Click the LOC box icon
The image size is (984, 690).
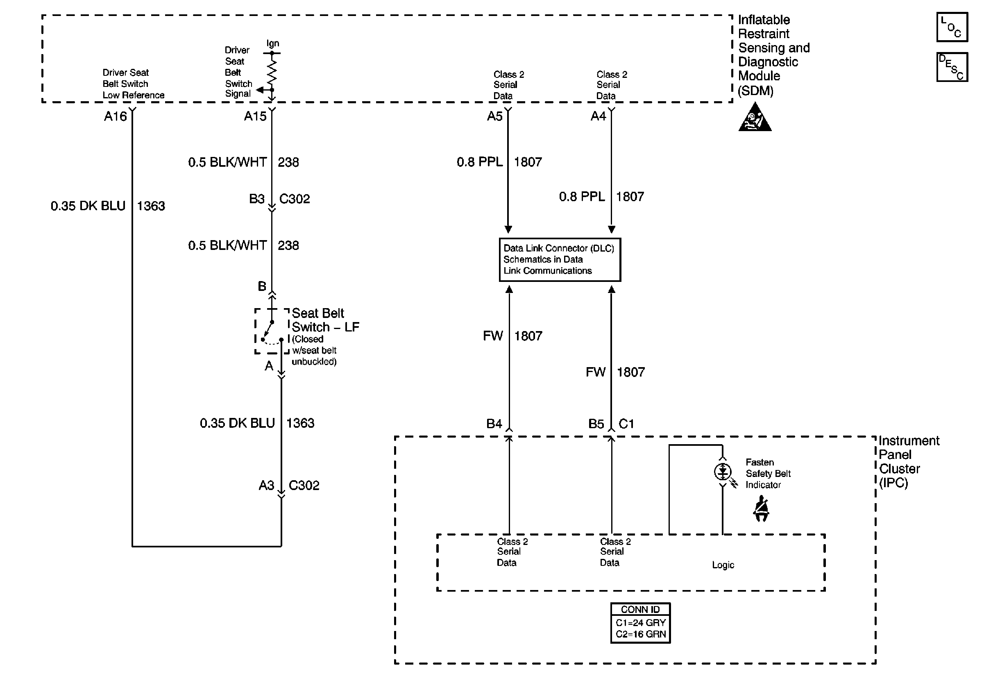coord(952,27)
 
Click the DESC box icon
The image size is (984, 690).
coord(952,67)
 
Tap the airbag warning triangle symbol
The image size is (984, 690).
coord(755,118)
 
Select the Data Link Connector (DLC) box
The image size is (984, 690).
coord(560,260)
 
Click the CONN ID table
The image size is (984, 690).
coord(640,623)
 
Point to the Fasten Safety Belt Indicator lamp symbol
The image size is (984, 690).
coord(723,472)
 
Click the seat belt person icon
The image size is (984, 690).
coord(761,509)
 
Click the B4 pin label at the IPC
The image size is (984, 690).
coord(494,424)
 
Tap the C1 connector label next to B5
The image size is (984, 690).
coord(626,424)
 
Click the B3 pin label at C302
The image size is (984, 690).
coord(257,199)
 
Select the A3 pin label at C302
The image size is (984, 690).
coord(266,486)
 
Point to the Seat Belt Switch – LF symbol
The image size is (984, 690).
coord(272,331)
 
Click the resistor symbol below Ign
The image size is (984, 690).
coord(272,71)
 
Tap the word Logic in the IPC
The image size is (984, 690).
coord(723,565)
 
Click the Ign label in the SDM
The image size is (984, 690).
coord(272,43)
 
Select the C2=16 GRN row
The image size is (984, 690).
coord(641,634)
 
